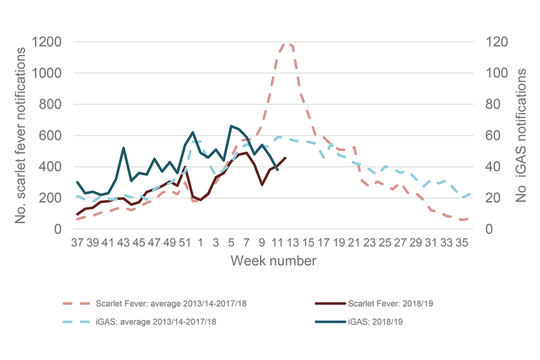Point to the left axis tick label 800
point(50,105)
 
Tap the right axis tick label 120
point(493,42)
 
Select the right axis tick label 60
point(489,136)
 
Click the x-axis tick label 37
point(77,243)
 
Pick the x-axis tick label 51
point(185,243)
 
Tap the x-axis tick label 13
point(292,243)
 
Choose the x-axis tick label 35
point(462,243)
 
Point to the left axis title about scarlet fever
point(21,136)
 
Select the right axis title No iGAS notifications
point(522,136)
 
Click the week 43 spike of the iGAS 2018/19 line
point(123,148)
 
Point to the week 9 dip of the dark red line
point(262,184)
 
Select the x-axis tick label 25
point(385,243)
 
